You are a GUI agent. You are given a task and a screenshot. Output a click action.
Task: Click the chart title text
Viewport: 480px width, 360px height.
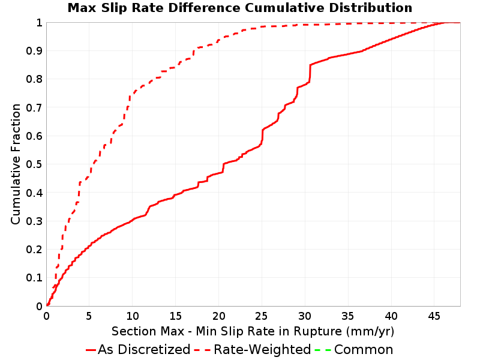pyautogui.click(x=240, y=8)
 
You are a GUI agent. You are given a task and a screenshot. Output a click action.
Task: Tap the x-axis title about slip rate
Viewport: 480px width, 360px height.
pyautogui.click(x=253, y=331)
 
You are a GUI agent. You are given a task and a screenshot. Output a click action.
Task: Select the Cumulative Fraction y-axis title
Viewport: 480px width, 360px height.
pyautogui.click(x=16, y=164)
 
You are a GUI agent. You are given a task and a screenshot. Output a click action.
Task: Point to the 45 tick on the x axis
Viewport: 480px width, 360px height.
pyautogui.click(x=434, y=316)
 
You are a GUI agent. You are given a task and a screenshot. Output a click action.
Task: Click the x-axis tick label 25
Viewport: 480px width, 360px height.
pyautogui.click(x=262, y=316)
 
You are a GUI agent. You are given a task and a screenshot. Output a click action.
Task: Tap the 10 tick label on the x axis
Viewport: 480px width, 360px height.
pyautogui.click(x=133, y=316)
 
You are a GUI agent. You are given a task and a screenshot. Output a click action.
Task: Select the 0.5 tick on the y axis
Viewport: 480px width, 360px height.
pyautogui.click(x=34, y=164)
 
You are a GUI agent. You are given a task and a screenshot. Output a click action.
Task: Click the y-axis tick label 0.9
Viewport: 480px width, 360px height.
pyautogui.click(x=34, y=51)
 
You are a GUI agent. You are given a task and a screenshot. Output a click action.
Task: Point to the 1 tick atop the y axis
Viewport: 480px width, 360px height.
pyautogui.click(x=39, y=23)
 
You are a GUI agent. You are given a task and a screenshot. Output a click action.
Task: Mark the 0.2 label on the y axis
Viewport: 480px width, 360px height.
pyautogui.click(x=34, y=250)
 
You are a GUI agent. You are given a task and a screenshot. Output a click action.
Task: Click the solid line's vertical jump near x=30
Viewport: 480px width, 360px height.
pyautogui.click(x=310, y=73)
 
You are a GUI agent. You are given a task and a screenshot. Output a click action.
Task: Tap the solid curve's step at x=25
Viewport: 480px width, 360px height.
pyautogui.click(x=262, y=136)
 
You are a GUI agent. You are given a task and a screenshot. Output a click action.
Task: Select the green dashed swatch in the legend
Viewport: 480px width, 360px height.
pyautogui.click(x=323, y=350)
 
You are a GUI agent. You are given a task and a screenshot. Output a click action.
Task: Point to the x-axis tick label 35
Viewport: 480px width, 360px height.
pyautogui.click(x=348, y=316)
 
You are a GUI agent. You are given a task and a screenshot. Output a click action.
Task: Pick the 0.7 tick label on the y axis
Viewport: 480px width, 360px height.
pyautogui.click(x=34, y=108)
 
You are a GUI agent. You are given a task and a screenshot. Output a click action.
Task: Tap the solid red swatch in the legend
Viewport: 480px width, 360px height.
pyautogui.click(x=91, y=350)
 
